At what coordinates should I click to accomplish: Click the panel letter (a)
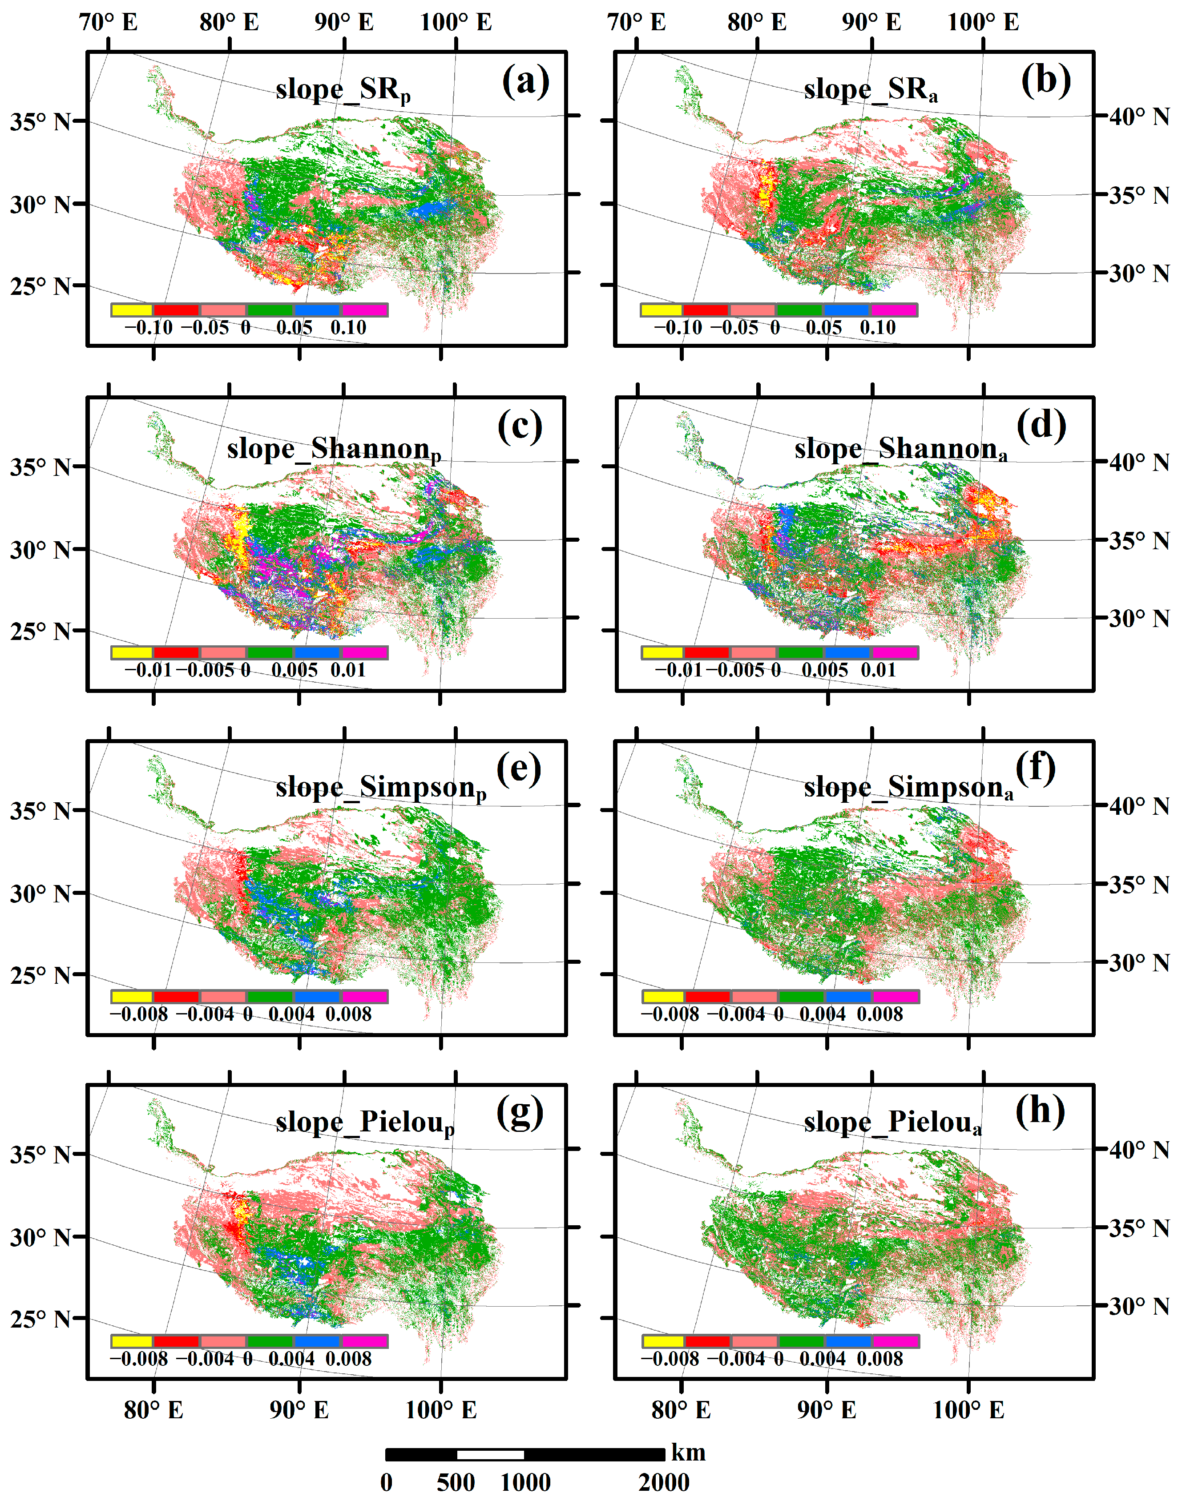[x=525, y=81]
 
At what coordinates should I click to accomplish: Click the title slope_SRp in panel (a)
[x=343, y=90]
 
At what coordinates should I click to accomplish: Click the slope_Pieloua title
[x=892, y=1123]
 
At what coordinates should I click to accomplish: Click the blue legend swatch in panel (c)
[x=317, y=653]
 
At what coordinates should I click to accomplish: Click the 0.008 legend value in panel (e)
[x=348, y=1014]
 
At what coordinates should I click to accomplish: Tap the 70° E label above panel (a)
[x=108, y=22]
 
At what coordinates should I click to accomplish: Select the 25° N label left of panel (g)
[x=40, y=1319]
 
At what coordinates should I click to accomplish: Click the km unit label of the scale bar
[x=688, y=1452]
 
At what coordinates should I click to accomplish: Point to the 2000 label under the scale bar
[x=663, y=1482]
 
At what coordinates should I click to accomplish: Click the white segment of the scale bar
[x=490, y=1454]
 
